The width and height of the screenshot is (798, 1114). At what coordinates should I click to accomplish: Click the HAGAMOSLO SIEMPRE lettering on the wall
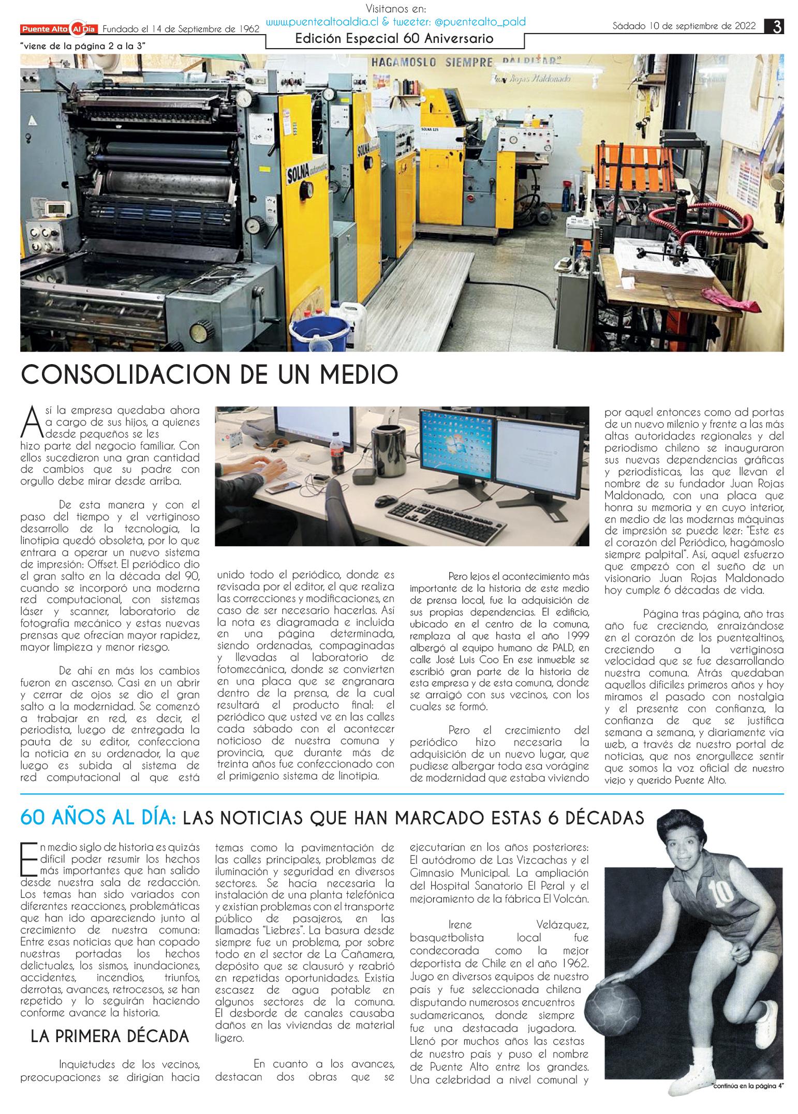coord(431,63)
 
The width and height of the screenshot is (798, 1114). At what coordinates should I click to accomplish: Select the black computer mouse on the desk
coord(385,500)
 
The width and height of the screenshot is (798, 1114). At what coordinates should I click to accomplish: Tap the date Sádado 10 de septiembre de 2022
coord(684,26)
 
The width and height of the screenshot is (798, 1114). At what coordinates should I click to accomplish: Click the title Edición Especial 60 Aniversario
coord(394,39)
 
